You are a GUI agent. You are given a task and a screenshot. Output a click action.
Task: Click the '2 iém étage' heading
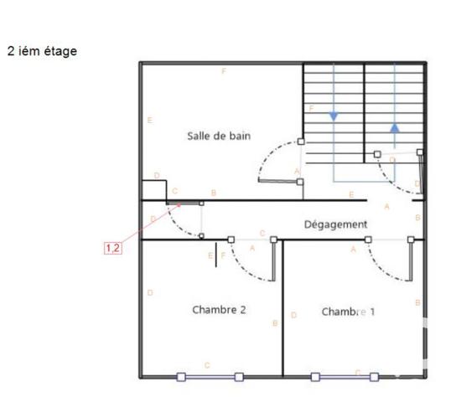coord(42,52)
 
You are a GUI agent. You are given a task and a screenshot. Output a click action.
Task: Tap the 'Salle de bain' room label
coord(219,136)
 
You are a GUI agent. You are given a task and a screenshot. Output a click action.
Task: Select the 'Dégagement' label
coord(335,224)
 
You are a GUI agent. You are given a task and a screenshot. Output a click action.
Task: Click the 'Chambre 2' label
coord(219,309)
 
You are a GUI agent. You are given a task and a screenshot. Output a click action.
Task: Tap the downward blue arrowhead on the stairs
coord(334,116)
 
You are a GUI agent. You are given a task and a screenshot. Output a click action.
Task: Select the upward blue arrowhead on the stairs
coord(394,128)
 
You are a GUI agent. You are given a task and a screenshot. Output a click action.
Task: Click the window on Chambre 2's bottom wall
coord(210,377)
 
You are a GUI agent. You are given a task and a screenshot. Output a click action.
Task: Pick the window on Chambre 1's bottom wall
coord(345,377)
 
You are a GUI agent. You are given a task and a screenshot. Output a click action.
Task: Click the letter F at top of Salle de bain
coord(224,72)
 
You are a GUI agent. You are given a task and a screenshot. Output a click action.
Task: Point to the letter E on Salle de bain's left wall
coord(149,121)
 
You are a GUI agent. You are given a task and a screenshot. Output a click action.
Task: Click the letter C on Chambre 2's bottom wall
coord(207,365)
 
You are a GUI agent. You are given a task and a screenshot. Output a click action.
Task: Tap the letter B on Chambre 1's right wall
coord(417,301)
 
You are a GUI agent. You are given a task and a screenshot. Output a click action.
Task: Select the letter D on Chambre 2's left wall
coord(149,292)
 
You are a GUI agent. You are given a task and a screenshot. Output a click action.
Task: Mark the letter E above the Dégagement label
coord(351,194)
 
